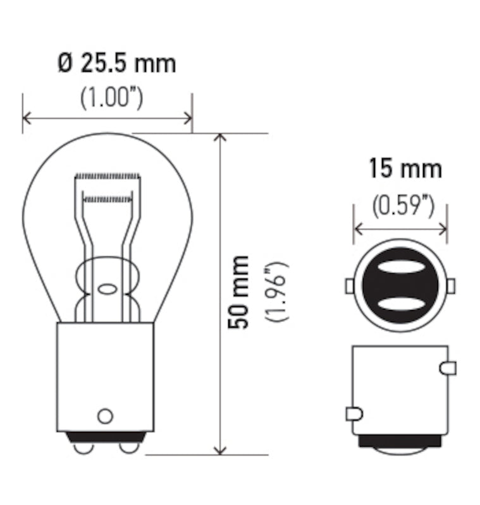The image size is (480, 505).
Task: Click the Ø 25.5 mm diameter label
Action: [x=116, y=64]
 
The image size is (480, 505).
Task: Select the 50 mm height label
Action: [x=238, y=292]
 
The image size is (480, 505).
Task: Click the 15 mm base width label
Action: [x=405, y=169]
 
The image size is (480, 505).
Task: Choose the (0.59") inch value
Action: [x=403, y=206]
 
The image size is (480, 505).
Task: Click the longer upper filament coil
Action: [x=106, y=175]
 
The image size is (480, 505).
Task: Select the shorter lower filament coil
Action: [x=108, y=199]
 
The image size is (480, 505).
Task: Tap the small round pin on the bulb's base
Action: [x=105, y=415]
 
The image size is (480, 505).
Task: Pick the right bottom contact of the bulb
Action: [x=129, y=448]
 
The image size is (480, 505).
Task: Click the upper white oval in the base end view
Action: [x=400, y=266]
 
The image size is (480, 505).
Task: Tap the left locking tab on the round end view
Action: [x=349, y=286]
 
